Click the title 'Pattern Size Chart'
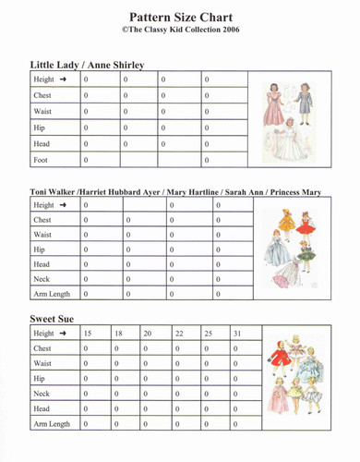click(181, 17)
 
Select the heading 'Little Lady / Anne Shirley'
click(87, 66)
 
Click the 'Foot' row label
click(42, 161)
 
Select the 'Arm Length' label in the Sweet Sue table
click(52, 424)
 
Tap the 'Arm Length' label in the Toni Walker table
click(52, 294)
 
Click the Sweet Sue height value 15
click(88, 333)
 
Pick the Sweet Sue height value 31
click(238, 333)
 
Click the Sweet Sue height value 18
click(118, 333)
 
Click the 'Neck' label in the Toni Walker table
click(42, 279)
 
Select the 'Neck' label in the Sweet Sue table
click(42, 394)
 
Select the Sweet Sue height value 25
click(208, 333)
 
